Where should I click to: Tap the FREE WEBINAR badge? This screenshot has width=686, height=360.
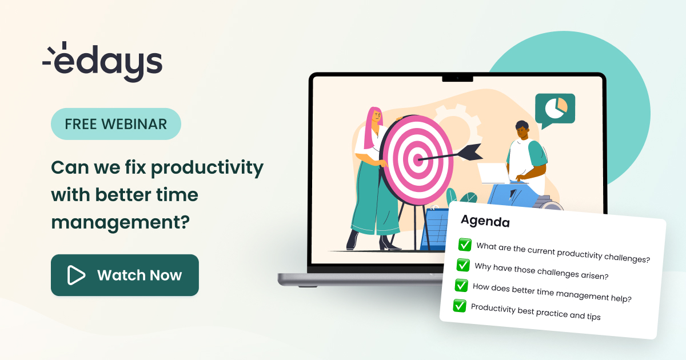116,124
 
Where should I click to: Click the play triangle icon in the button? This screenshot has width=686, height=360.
75,275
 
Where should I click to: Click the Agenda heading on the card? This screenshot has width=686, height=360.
485,221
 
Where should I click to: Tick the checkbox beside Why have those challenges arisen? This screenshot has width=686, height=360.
463,265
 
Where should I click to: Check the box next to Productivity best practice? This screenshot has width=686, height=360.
460,306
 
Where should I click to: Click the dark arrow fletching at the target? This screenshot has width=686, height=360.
472,151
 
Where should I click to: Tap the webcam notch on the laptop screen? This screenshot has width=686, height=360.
457,78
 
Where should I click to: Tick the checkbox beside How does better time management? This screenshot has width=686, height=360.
461,285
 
